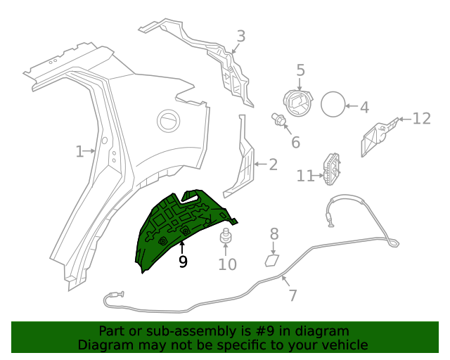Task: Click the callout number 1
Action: coord(79,150)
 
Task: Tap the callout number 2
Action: coord(273,165)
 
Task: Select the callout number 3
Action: coord(240,37)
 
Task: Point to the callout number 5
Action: coord(300,70)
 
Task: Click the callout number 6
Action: coord(295,142)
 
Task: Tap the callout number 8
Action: coord(274,234)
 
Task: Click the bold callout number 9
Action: coord(183,262)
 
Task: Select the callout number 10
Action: coord(227,264)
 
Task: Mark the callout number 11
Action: coord(304,176)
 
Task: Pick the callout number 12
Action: coord(420,118)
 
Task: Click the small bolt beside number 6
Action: coord(278,120)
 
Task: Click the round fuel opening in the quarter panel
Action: coord(169,120)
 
